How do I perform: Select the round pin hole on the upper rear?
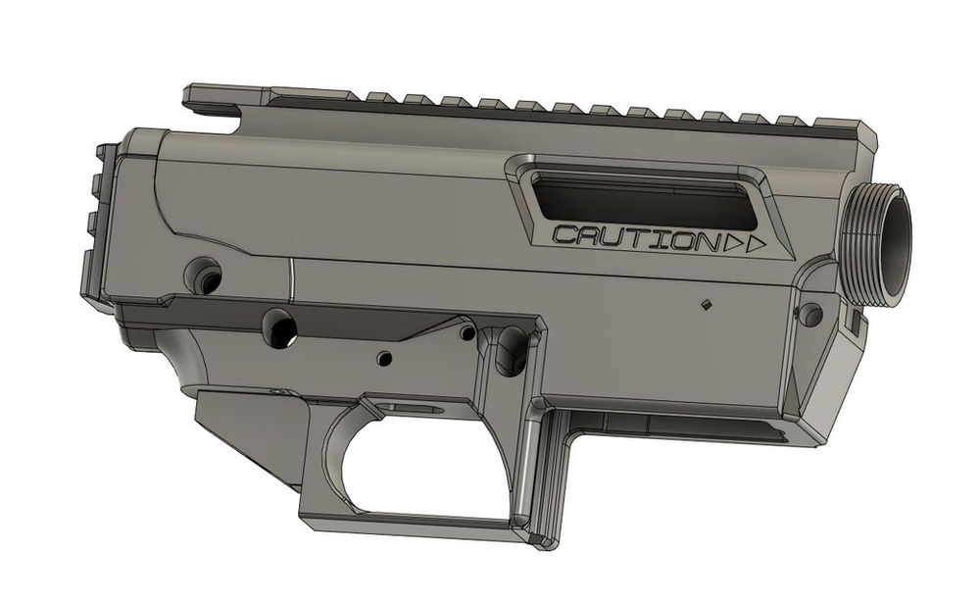click(x=204, y=274)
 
